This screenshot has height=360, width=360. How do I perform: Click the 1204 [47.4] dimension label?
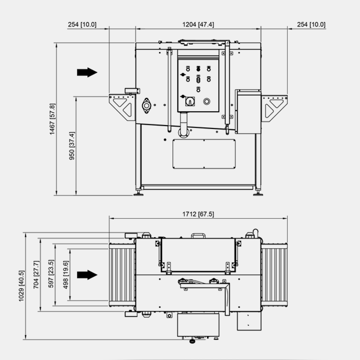coord(198,24)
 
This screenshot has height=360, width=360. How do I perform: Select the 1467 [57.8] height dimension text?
coord(52,119)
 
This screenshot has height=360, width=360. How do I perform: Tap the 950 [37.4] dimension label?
coord(72,146)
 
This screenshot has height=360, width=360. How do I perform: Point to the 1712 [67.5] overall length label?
coord(198,214)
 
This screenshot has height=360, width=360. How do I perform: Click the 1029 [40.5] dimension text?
coord(21,286)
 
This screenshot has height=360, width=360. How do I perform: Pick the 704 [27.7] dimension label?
coord(36,274)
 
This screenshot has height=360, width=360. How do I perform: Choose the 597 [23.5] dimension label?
coord(51,274)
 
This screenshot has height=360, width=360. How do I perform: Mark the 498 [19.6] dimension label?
coord(65,275)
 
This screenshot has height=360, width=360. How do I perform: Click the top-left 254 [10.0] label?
coord(82,24)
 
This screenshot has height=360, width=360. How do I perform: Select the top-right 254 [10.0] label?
coord(311,24)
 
